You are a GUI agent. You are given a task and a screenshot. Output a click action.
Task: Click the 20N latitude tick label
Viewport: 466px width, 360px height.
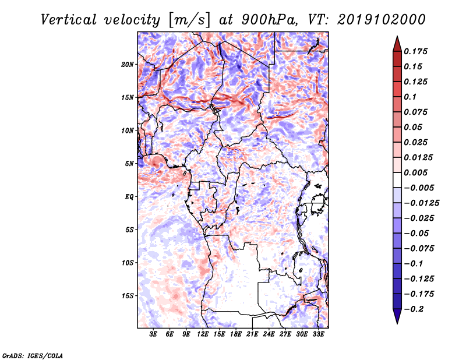128,65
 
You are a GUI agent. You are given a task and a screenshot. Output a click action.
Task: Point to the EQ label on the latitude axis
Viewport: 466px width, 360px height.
129,197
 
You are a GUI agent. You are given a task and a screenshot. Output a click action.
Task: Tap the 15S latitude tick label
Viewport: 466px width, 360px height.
128,296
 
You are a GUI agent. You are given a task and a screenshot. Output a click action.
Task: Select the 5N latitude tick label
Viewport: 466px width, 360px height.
129,164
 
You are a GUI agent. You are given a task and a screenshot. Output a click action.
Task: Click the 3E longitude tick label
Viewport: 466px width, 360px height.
153,334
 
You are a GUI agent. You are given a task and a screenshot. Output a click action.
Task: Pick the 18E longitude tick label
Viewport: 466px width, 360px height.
236,334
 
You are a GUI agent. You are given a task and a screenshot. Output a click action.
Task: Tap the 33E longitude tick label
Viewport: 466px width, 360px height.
318,334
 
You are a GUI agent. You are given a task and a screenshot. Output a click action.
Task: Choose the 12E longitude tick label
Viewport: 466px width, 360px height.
203,334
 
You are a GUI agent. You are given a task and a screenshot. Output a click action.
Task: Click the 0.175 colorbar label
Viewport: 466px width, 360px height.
416,51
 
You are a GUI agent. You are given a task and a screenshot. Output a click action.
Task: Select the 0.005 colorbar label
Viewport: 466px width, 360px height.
416,172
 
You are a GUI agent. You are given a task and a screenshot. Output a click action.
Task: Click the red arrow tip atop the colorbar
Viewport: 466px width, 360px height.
397,37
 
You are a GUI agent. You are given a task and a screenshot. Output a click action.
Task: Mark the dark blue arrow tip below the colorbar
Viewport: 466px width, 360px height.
397,323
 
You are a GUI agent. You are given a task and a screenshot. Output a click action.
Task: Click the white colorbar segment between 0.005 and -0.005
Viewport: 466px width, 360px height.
397,180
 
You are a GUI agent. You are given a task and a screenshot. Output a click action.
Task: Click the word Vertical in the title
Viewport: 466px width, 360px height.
69,20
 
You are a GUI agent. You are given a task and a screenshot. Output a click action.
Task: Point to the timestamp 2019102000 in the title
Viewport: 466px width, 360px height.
382,20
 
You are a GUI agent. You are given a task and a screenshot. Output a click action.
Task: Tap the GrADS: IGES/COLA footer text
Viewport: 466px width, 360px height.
33,356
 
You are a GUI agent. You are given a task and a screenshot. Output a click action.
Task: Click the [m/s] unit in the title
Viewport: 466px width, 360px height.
189,20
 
